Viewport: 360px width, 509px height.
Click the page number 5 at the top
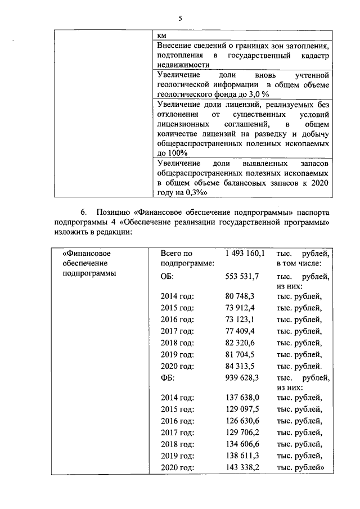click(x=181, y=18)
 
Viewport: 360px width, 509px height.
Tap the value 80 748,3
click(x=240, y=295)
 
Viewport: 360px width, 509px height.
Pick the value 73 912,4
click(x=240, y=307)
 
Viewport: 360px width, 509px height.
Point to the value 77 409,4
click(x=240, y=331)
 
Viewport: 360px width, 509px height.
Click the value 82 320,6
click(x=240, y=343)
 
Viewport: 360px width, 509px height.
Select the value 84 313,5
click(x=240, y=366)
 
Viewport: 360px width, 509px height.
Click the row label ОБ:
click(x=168, y=277)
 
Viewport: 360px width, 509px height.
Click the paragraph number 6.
click(x=84, y=213)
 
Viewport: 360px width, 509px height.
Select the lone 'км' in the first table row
click(x=163, y=35)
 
